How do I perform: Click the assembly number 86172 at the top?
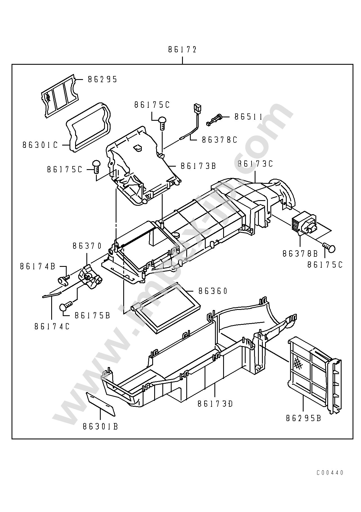[x=182, y=50]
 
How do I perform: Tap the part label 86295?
[x=102, y=79]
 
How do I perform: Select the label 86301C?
[x=40, y=145]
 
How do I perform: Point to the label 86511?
[x=248, y=117]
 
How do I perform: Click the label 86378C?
[x=219, y=140]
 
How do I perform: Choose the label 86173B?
[x=198, y=166]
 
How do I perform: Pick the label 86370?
[x=87, y=246]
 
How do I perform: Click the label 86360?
[x=213, y=291]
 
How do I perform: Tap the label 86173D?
[x=215, y=404]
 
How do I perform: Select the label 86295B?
[x=303, y=418]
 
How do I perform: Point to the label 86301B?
[x=100, y=427]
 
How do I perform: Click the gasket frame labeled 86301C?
[x=88, y=127]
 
